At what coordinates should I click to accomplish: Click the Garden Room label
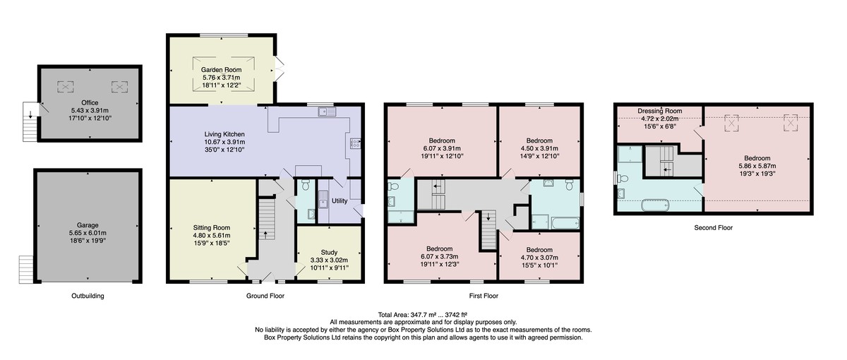click(x=221, y=70)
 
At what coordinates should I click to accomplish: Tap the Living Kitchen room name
click(x=224, y=134)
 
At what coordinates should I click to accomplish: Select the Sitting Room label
click(x=211, y=227)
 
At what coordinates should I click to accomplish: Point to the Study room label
click(x=329, y=252)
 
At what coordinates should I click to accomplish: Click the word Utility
click(x=340, y=200)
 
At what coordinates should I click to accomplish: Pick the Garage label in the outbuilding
click(x=88, y=225)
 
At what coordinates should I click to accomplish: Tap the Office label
click(x=90, y=102)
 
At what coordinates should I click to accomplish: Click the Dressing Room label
click(x=660, y=111)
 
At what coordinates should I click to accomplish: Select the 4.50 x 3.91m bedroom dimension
click(x=539, y=148)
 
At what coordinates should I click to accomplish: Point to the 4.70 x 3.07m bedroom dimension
click(x=539, y=258)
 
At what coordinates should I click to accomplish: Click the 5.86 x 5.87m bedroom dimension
click(x=757, y=166)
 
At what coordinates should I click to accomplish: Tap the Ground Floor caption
click(x=265, y=296)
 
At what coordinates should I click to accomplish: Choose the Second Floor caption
click(x=713, y=227)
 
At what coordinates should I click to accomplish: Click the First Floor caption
click(x=483, y=296)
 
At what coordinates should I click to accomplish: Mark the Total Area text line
click(x=422, y=315)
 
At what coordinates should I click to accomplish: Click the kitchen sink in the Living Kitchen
click(x=327, y=112)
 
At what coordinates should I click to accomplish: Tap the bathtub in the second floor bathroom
click(x=655, y=205)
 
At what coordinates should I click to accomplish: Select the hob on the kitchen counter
click(x=356, y=143)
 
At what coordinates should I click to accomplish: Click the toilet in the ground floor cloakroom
click(x=306, y=184)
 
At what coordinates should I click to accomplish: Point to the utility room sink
click(x=323, y=200)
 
